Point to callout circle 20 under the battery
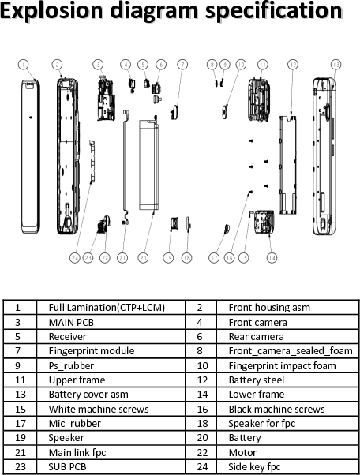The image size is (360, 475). (143, 258)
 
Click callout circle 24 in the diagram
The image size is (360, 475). (73, 258)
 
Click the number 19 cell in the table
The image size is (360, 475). (17, 437)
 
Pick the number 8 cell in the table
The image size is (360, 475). (200, 350)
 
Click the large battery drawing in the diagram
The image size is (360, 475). (150, 165)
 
